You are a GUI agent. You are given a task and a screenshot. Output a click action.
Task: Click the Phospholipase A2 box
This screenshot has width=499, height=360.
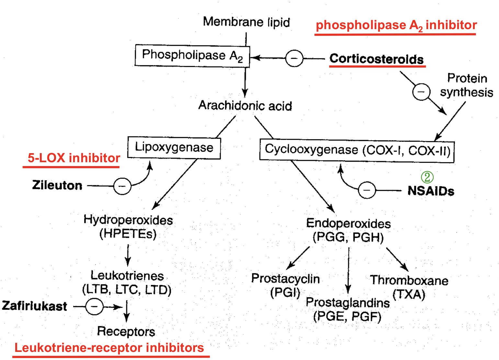pyautogui.click(x=192, y=56)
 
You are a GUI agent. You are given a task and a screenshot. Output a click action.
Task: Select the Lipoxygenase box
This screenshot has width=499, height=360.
pyautogui.click(x=174, y=148)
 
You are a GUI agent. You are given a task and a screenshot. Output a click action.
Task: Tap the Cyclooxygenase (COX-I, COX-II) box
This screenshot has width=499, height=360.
pyautogui.click(x=357, y=151)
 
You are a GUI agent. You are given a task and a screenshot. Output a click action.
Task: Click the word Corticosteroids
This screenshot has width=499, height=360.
pyautogui.click(x=376, y=59)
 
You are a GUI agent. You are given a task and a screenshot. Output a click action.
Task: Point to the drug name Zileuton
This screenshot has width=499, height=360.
pyautogui.click(x=57, y=186)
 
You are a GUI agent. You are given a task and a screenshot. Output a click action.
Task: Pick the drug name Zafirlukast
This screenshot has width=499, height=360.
pyautogui.click(x=34, y=306)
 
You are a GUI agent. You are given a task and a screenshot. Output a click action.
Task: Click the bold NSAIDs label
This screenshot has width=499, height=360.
pyautogui.click(x=431, y=191)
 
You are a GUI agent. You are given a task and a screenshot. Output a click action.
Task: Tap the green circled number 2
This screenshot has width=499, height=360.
pyautogui.click(x=427, y=177)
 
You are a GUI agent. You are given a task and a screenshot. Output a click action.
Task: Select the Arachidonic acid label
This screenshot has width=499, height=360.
pyautogui.click(x=245, y=106)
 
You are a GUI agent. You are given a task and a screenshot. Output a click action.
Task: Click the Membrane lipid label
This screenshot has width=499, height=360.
pyautogui.click(x=246, y=22)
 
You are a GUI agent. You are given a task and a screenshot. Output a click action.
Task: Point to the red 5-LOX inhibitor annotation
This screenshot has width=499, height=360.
pyautogui.click(x=74, y=158)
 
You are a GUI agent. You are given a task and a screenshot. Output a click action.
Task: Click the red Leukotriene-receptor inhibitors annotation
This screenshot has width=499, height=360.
pyautogui.click(x=109, y=348)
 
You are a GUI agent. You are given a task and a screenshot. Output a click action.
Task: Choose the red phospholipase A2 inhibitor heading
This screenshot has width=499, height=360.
pyautogui.click(x=396, y=25)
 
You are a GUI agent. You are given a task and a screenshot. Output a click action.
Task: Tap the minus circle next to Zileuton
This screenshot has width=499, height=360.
pyautogui.click(x=122, y=186)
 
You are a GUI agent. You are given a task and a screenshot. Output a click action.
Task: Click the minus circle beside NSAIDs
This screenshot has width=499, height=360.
pyautogui.click(x=367, y=190)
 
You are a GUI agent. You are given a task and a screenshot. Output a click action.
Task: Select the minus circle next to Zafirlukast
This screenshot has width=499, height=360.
pyautogui.click(x=94, y=306)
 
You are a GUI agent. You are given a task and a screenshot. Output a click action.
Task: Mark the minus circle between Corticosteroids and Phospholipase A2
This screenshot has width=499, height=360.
pyautogui.click(x=294, y=58)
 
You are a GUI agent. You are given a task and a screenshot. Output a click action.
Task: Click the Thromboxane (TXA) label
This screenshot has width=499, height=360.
pyautogui.click(x=409, y=287)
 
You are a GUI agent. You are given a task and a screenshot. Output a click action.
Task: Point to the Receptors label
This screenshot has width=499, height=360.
pyautogui.click(x=126, y=332)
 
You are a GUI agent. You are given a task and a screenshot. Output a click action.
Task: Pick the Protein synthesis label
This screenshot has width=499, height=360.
pyautogui.click(x=467, y=85)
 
